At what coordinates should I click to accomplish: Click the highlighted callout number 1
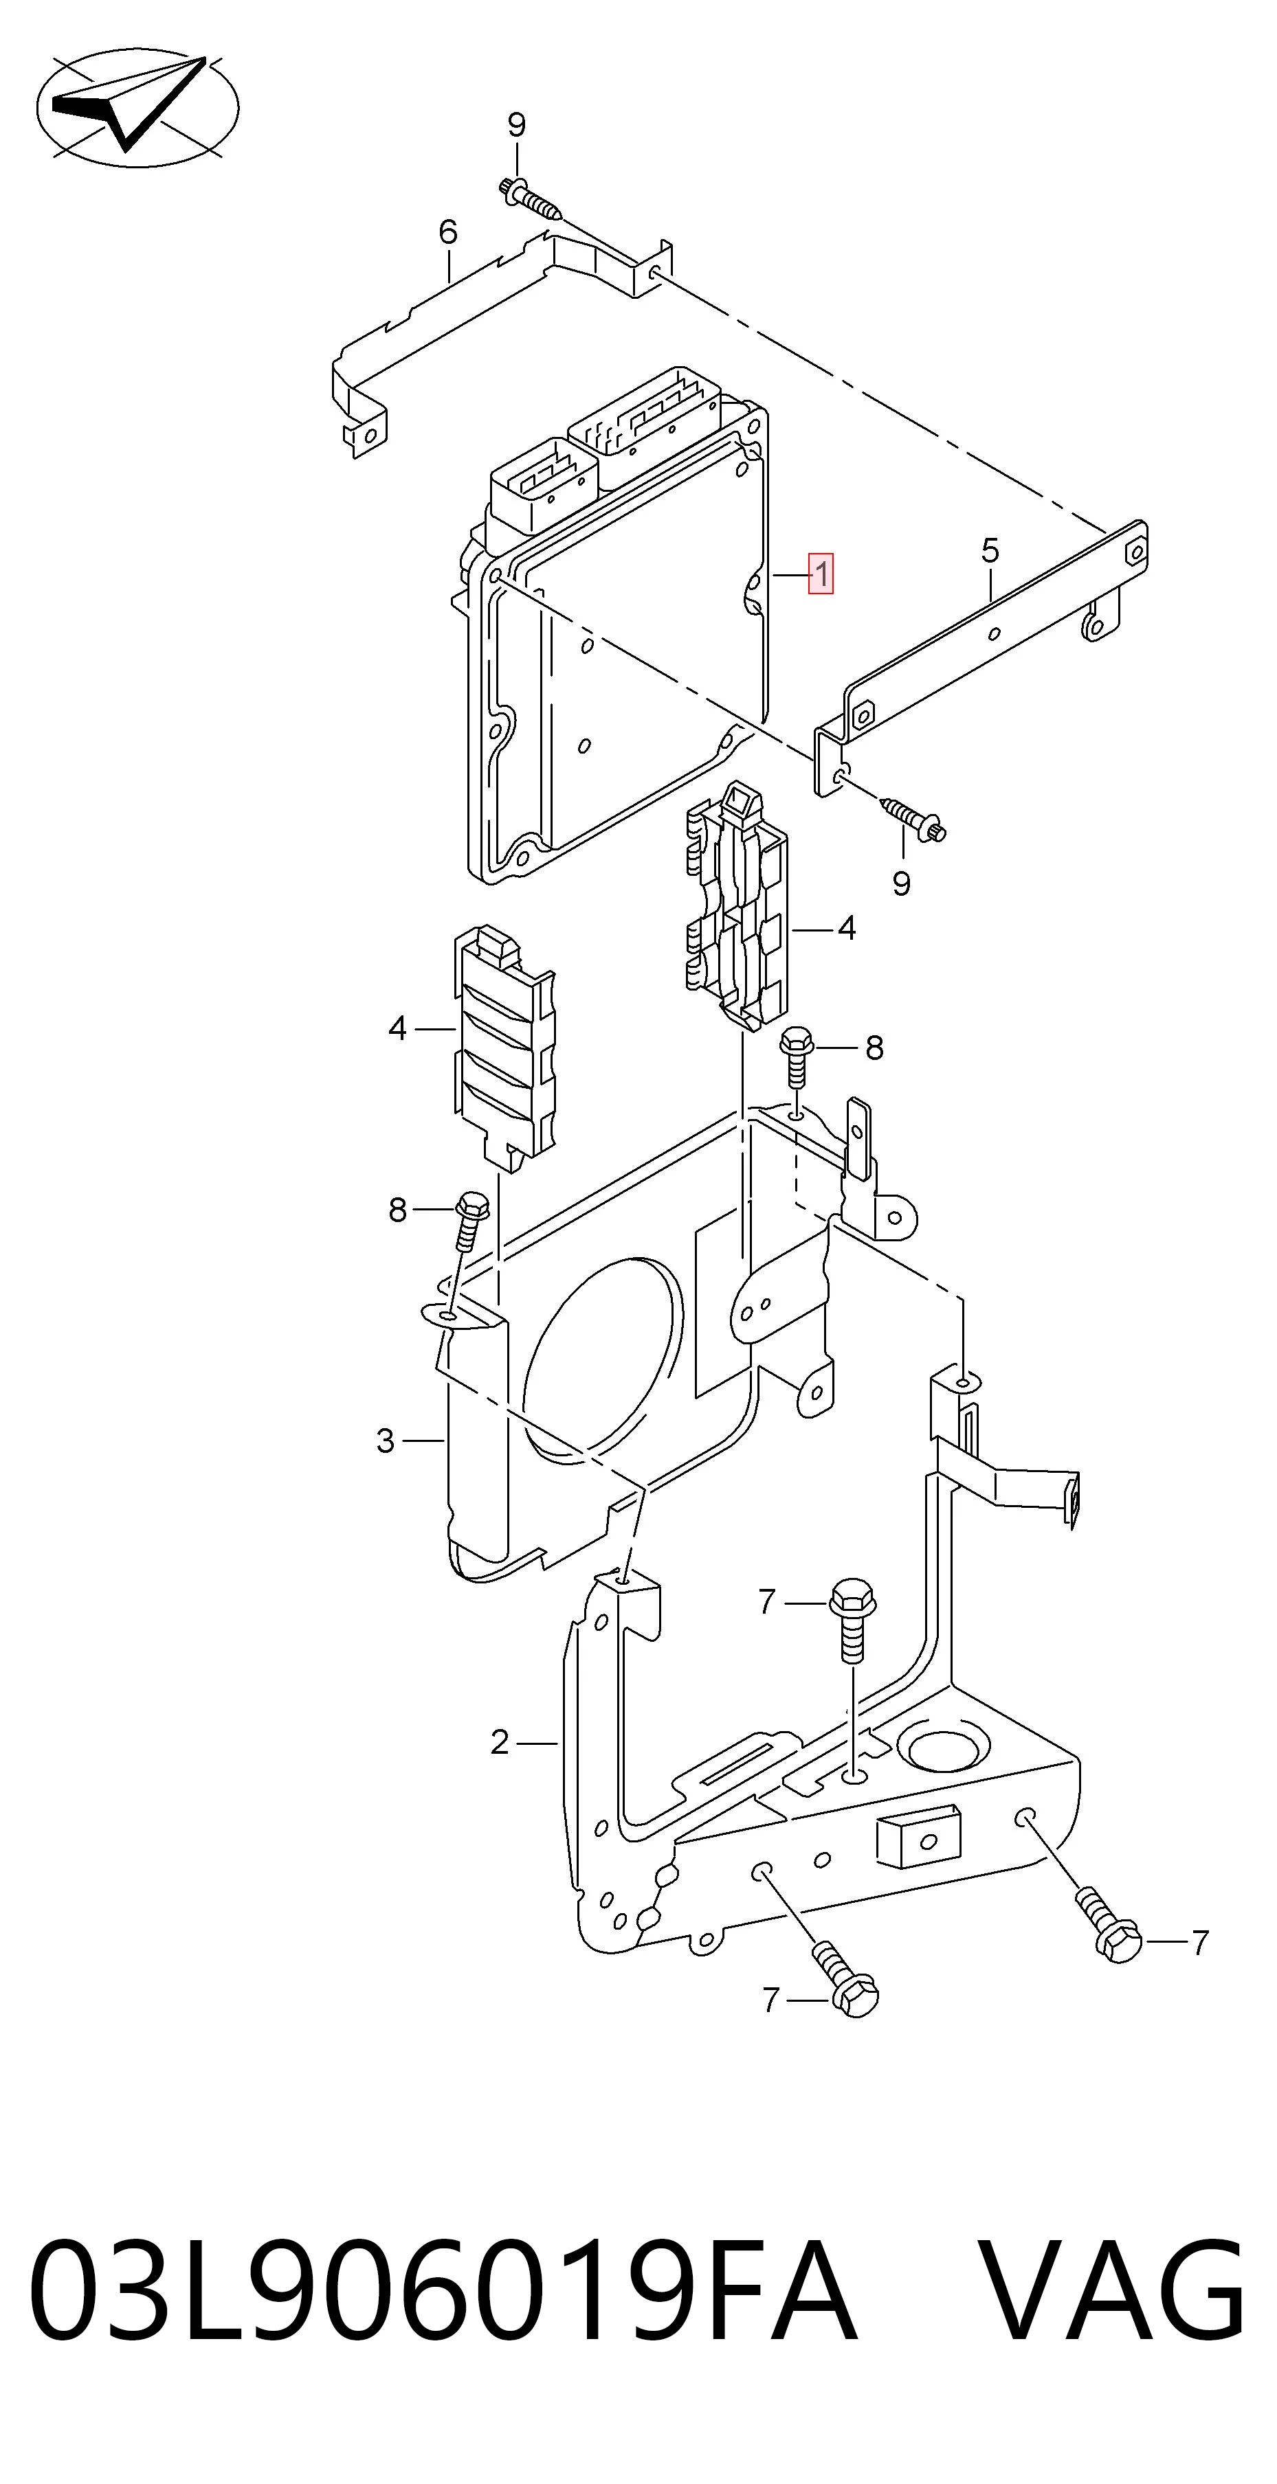[821, 575]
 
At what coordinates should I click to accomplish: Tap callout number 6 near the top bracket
[447, 232]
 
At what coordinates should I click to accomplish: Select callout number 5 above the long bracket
[990, 552]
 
